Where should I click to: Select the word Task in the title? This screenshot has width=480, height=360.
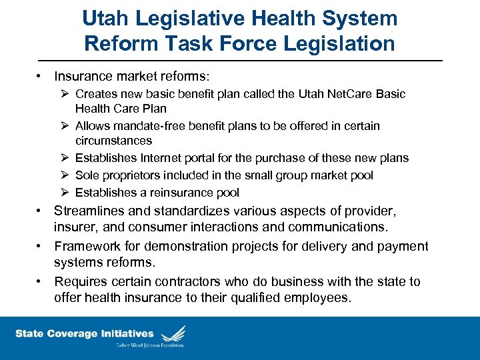point(190,44)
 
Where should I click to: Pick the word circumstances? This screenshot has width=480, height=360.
point(113,141)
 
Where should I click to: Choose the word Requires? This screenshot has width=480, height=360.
point(81,281)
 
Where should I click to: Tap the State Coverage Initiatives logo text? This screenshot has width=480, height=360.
point(85,333)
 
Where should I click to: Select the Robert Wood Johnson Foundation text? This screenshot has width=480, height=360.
point(149,345)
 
